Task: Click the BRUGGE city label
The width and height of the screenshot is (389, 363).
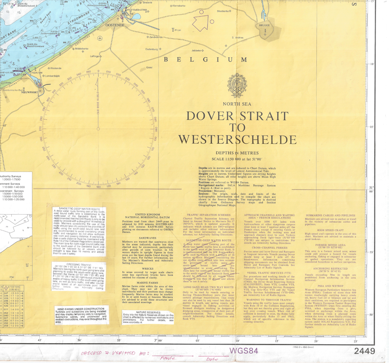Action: coord(265,25)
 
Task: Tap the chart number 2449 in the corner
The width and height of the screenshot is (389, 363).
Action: coord(367,351)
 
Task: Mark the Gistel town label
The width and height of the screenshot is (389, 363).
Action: coord(149,67)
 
